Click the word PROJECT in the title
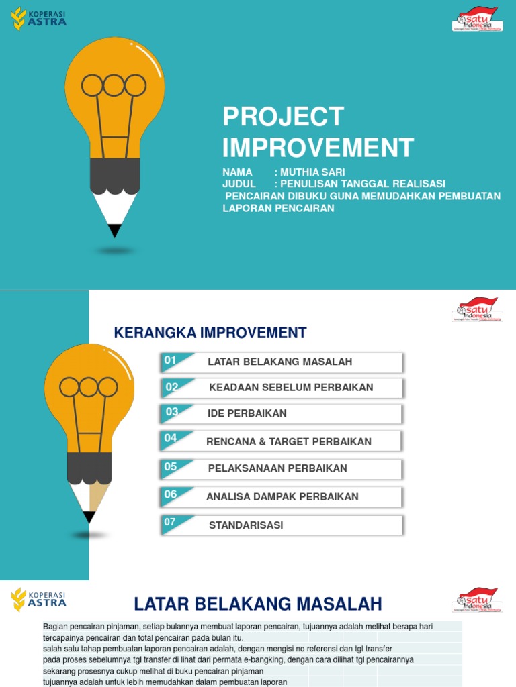click(284, 117)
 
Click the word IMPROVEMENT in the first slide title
click(318, 148)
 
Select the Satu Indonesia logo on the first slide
click(476, 19)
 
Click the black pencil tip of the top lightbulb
click(115, 231)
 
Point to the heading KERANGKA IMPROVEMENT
click(210, 333)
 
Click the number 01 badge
click(171, 360)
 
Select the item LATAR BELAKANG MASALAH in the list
click(280, 362)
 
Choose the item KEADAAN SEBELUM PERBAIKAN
click(291, 387)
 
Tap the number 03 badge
click(172, 412)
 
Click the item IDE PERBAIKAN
click(247, 413)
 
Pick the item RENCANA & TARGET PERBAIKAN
click(289, 441)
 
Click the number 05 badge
click(171, 466)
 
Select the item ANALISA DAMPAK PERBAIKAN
click(282, 496)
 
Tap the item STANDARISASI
click(246, 525)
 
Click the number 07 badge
click(171, 522)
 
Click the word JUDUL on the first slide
click(239, 184)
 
